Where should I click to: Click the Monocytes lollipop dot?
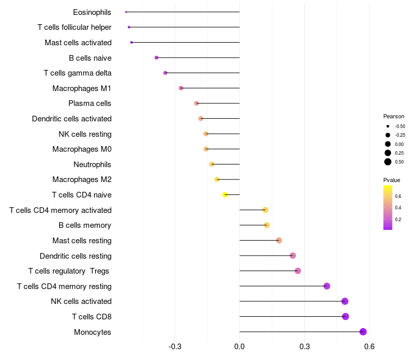tap(363, 332)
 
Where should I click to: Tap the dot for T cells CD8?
tap(345, 316)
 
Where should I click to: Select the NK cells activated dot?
tap(345, 301)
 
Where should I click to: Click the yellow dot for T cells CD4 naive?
tap(225, 195)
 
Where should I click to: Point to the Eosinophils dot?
tap(126, 12)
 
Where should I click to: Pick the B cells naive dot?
tap(156, 58)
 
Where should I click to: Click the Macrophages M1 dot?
tap(181, 88)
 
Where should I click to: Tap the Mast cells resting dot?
tap(279, 240)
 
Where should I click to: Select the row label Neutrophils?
tap(92, 165)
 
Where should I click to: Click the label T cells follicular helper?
tap(74, 27)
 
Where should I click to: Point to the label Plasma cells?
tap(90, 103)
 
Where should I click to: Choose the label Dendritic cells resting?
tap(76, 256)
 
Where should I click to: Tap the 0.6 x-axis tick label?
tap(369, 347)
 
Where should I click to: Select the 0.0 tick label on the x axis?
tap(239, 347)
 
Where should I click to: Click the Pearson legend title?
tap(394, 116)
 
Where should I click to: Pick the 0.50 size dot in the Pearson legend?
tap(388, 162)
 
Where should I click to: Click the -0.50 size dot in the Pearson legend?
tap(388, 126)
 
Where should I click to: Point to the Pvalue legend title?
tap(391, 180)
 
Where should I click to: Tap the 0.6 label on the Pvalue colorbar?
tap(398, 196)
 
